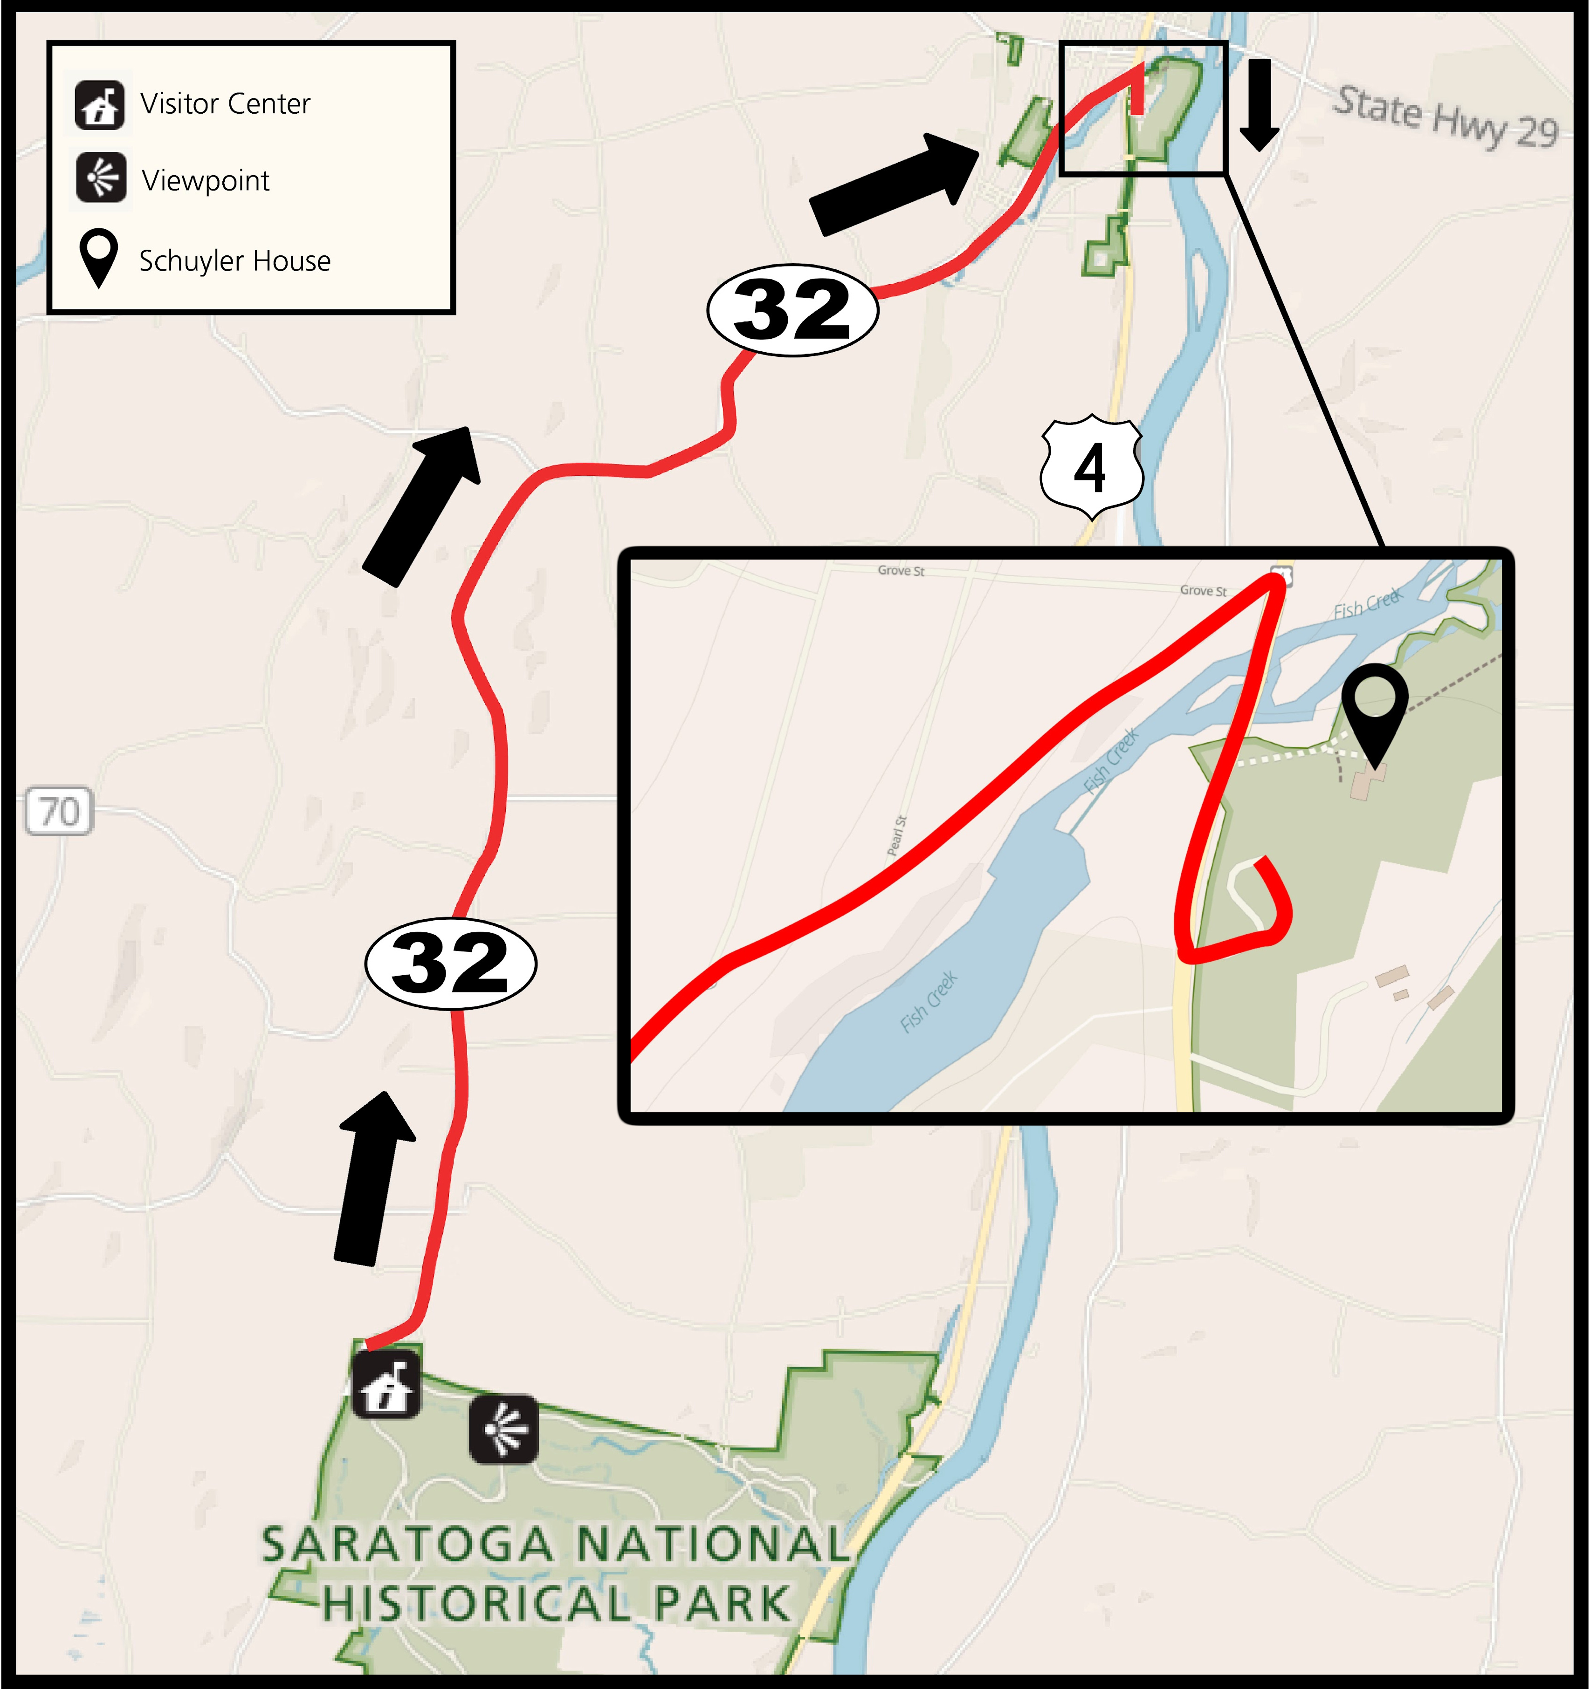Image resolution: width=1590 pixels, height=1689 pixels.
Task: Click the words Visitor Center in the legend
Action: pos(225,103)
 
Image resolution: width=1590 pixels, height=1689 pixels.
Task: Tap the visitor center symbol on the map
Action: pos(387,1384)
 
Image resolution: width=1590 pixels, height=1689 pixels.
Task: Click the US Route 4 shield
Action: pos(1091,467)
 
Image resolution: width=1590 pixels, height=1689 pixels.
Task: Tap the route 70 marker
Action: pos(59,811)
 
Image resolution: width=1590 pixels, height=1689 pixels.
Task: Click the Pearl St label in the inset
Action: pos(896,835)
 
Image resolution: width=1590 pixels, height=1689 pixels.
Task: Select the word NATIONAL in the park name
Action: pos(712,1545)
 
